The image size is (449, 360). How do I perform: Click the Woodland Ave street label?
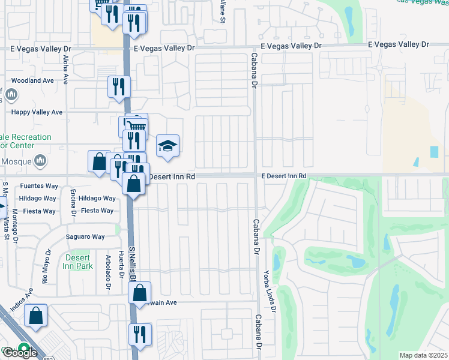pos(32,80)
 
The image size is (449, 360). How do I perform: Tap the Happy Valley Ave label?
pos(37,112)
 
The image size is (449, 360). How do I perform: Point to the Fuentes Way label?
pos(38,186)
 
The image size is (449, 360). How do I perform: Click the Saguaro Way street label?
pos(85,237)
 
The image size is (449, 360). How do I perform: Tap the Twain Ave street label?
pos(162,303)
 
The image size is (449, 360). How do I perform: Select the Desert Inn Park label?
pos(78,262)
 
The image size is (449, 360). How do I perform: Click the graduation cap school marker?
pos(168,145)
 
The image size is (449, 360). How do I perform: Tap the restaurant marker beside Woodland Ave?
pos(119,86)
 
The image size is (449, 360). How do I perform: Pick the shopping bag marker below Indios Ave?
pos(36,316)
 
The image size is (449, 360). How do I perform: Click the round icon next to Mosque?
pos(40,160)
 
